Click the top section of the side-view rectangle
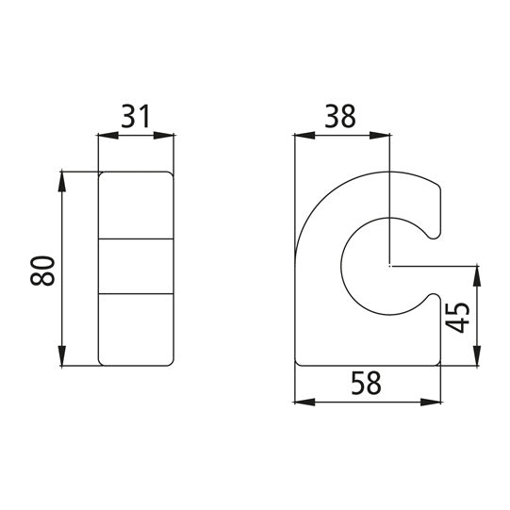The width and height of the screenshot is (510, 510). tap(137, 205)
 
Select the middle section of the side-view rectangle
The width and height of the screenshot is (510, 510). tap(137, 266)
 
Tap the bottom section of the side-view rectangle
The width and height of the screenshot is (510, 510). tap(137, 330)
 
